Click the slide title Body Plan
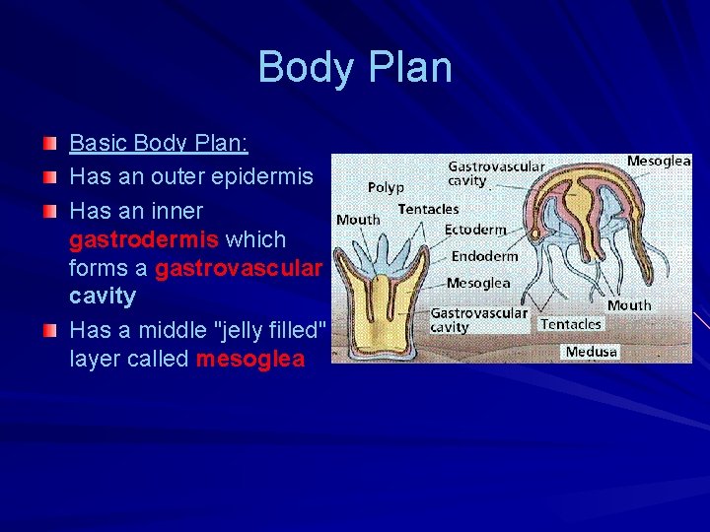[x=355, y=68]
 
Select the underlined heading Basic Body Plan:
[x=159, y=144]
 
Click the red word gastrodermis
[x=144, y=239]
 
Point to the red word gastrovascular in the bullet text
[x=238, y=268]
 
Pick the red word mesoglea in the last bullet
[x=250, y=359]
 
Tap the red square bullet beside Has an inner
[x=49, y=212]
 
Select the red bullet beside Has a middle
[x=49, y=331]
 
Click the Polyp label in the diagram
[x=386, y=187]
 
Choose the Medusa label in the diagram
[x=592, y=352]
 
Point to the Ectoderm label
[x=475, y=230]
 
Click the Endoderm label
[x=484, y=256]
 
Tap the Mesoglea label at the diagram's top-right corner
[x=659, y=161]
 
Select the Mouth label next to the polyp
[x=358, y=219]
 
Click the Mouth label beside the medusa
[x=629, y=304]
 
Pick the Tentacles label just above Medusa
[x=571, y=324]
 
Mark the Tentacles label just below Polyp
[x=428, y=209]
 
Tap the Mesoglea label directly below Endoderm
[x=478, y=283]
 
